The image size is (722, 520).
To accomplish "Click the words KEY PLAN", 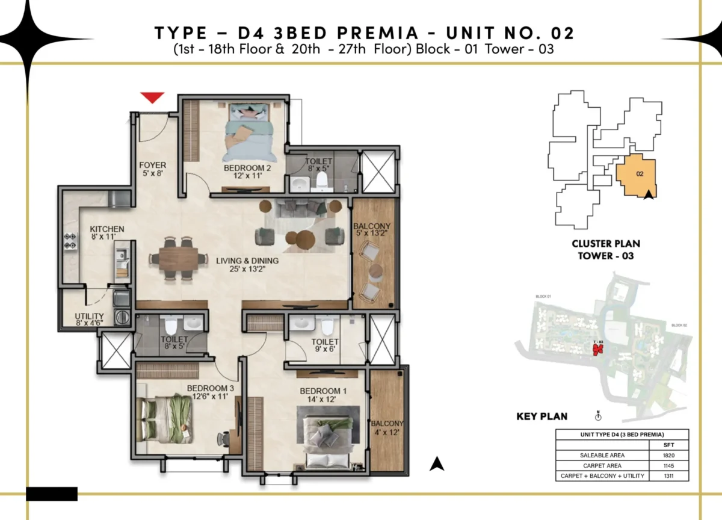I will [x=541, y=416].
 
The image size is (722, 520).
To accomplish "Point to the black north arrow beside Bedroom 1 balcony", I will [x=438, y=463].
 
